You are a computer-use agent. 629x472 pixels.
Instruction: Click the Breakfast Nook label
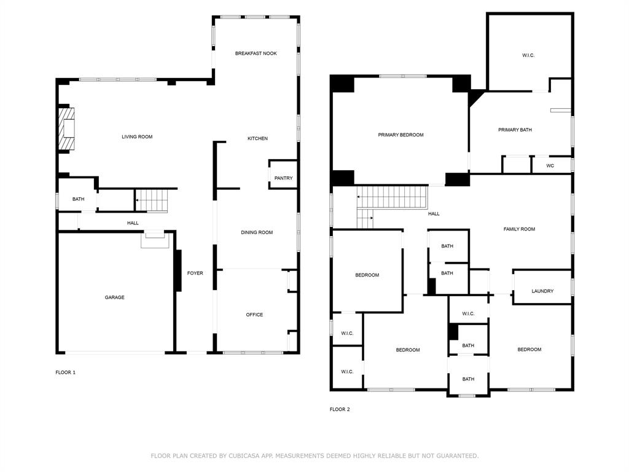click(x=256, y=53)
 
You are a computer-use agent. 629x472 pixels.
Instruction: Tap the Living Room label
click(x=137, y=137)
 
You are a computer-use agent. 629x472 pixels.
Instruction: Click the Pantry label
click(x=284, y=178)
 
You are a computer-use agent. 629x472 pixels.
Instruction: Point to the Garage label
click(x=115, y=297)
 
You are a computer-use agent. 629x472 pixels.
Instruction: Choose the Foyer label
click(x=195, y=273)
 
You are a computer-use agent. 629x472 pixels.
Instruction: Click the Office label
click(x=255, y=315)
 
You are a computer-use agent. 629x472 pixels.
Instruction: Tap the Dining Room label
click(x=257, y=232)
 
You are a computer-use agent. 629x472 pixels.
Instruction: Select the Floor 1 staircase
click(x=152, y=200)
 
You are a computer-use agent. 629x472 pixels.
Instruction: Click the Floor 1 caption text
click(x=65, y=372)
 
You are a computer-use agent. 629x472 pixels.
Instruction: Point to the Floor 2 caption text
click(x=340, y=409)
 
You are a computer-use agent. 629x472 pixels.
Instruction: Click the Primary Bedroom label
click(x=400, y=135)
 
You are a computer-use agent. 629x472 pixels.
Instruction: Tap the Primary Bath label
click(x=515, y=130)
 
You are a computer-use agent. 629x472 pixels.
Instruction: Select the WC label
click(x=550, y=166)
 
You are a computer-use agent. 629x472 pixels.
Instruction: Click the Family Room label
click(x=520, y=229)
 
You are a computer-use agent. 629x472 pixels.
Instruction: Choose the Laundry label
click(x=543, y=291)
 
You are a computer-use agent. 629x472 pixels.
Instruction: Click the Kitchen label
click(x=257, y=138)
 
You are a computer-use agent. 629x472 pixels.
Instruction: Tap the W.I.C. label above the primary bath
click(x=528, y=55)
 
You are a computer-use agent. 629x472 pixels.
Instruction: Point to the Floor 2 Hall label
click(x=434, y=214)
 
